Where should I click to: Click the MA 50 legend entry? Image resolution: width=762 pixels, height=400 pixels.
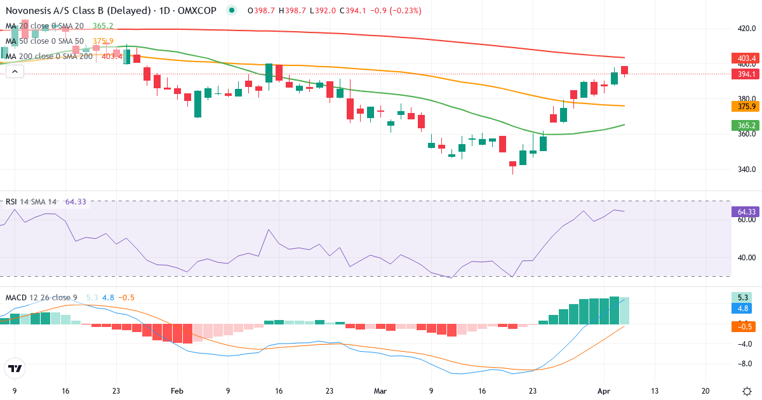(x=44, y=41)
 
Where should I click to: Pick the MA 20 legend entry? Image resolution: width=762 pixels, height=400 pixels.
(x=44, y=25)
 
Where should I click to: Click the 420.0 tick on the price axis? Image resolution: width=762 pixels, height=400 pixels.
(x=745, y=29)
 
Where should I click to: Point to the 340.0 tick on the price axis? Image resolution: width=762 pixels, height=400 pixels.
(x=745, y=170)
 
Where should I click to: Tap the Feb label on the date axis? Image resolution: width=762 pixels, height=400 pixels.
(x=177, y=390)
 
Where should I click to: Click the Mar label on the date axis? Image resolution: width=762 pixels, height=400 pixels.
(x=380, y=390)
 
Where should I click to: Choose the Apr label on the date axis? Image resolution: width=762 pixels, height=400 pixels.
(x=603, y=390)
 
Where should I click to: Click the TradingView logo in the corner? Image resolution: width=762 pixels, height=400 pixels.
(x=15, y=368)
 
